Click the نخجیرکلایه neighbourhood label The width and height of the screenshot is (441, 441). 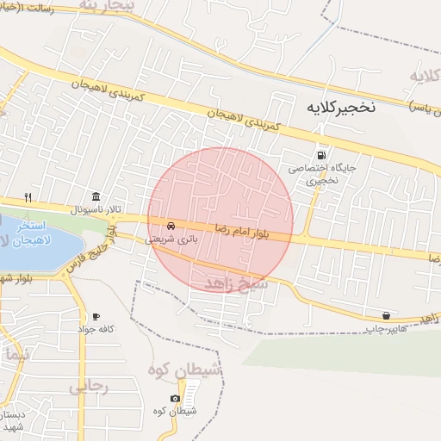341,109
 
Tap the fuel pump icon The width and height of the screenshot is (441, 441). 321,147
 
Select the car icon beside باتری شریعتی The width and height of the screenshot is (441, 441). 172,226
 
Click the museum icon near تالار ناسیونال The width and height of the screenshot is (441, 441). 95,196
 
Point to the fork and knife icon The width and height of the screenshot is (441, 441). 28,197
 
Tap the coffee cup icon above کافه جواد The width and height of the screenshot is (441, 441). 95,316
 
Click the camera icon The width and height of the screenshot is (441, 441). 175,398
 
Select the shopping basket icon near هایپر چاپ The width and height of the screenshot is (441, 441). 387,315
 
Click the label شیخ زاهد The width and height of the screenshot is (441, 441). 238,283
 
